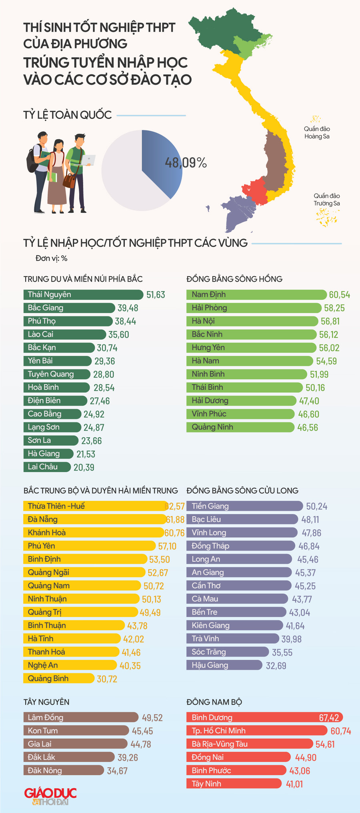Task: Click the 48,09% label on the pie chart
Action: pyautogui.click(x=186, y=163)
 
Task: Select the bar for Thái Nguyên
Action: pyautogui.click(x=83, y=295)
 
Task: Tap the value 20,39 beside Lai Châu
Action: pyautogui.click(x=84, y=467)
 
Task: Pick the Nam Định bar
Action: pyautogui.click(x=256, y=295)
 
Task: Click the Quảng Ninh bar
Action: pyautogui.click(x=240, y=427)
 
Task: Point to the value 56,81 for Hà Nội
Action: pyautogui.click(x=330, y=321)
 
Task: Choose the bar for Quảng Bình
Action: pyautogui.click(x=59, y=679)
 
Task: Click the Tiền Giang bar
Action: pyautogui.click(x=244, y=506)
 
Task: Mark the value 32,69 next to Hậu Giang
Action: pyautogui.click(x=276, y=666)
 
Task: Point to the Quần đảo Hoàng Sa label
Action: pyautogui.click(x=317, y=132)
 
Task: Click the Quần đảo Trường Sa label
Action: pyautogui.click(x=326, y=200)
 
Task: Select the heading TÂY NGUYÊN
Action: pyautogui.click(x=46, y=702)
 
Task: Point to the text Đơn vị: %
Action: pyautogui.click(x=51, y=258)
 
